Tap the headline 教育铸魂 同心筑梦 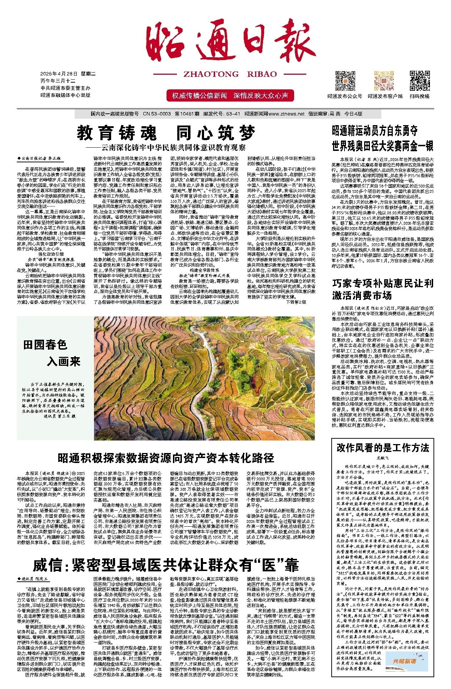click(167, 133)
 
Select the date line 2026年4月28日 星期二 click(68, 74)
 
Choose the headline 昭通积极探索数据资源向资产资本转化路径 click(166, 458)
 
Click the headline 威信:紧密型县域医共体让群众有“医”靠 click(166, 564)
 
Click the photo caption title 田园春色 click(45, 345)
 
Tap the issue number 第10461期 click(187, 114)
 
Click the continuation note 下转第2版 click(296, 301)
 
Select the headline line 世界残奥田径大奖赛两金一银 click(382, 146)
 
